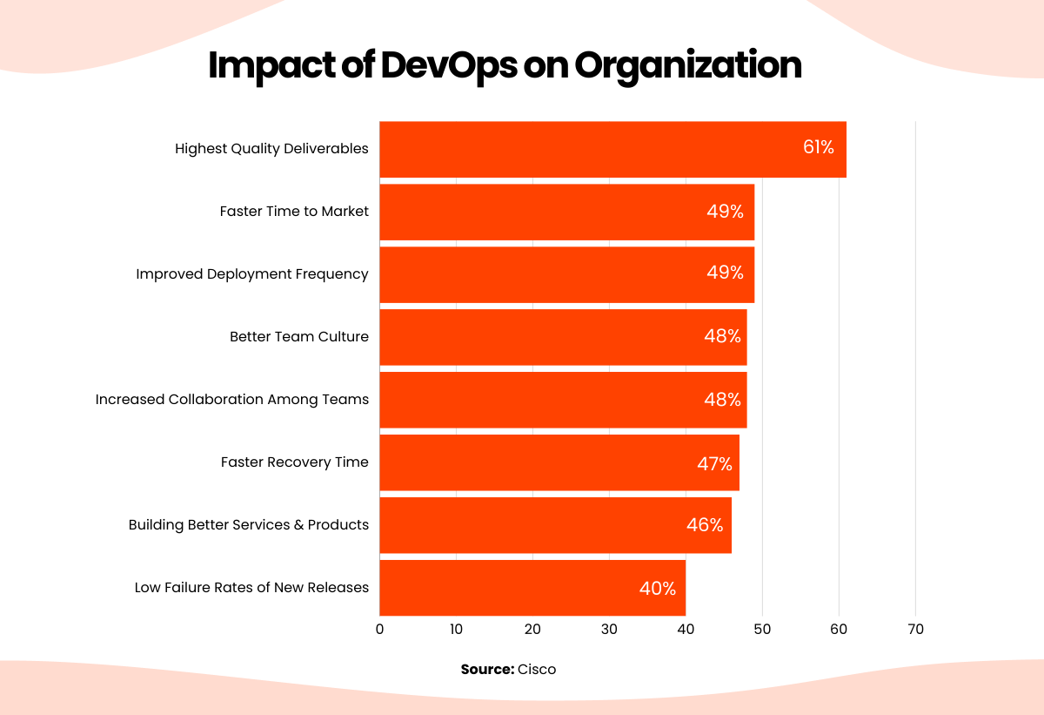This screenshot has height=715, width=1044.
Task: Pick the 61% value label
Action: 818,147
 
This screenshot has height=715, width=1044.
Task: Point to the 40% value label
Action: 657,589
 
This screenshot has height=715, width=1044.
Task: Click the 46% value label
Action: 704,525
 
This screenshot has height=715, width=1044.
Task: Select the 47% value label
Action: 714,463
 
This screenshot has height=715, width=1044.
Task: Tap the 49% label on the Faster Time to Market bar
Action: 725,212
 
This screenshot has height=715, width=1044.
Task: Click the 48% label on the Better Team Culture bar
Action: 722,336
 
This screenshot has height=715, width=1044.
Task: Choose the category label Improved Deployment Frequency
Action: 252,274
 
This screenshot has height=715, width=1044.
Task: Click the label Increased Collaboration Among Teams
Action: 232,400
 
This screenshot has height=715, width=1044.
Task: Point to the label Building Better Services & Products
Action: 249,525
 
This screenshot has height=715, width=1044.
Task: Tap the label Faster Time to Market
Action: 294,212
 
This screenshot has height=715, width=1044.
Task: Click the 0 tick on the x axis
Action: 380,630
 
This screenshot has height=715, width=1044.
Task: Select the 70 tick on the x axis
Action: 915,630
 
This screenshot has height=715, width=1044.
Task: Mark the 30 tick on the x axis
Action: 609,630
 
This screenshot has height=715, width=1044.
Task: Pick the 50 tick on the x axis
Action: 762,630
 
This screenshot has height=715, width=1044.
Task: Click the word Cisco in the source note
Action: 537,670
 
